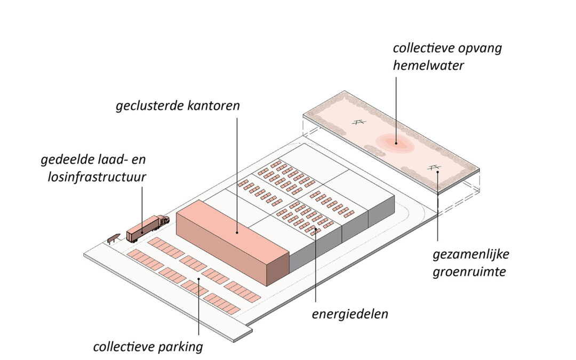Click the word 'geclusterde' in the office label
coord(149,106)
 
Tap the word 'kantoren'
coord(213,106)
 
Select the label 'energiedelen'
coord(350,315)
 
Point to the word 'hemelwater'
coord(428,66)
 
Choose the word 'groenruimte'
coord(469,272)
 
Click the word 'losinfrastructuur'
coord(97,177)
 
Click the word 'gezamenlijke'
coord(471,254)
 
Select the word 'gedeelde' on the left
coord(67,160)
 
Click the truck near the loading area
coord(148,228)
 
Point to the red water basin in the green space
coord(395,143)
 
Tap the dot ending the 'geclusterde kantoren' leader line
coord(237,232)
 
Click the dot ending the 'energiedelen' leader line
coord(316,229)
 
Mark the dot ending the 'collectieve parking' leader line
coord(199,279)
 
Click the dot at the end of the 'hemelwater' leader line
coord(396,143)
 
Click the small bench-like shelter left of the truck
coord(114,238)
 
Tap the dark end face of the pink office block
coord(278,269)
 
